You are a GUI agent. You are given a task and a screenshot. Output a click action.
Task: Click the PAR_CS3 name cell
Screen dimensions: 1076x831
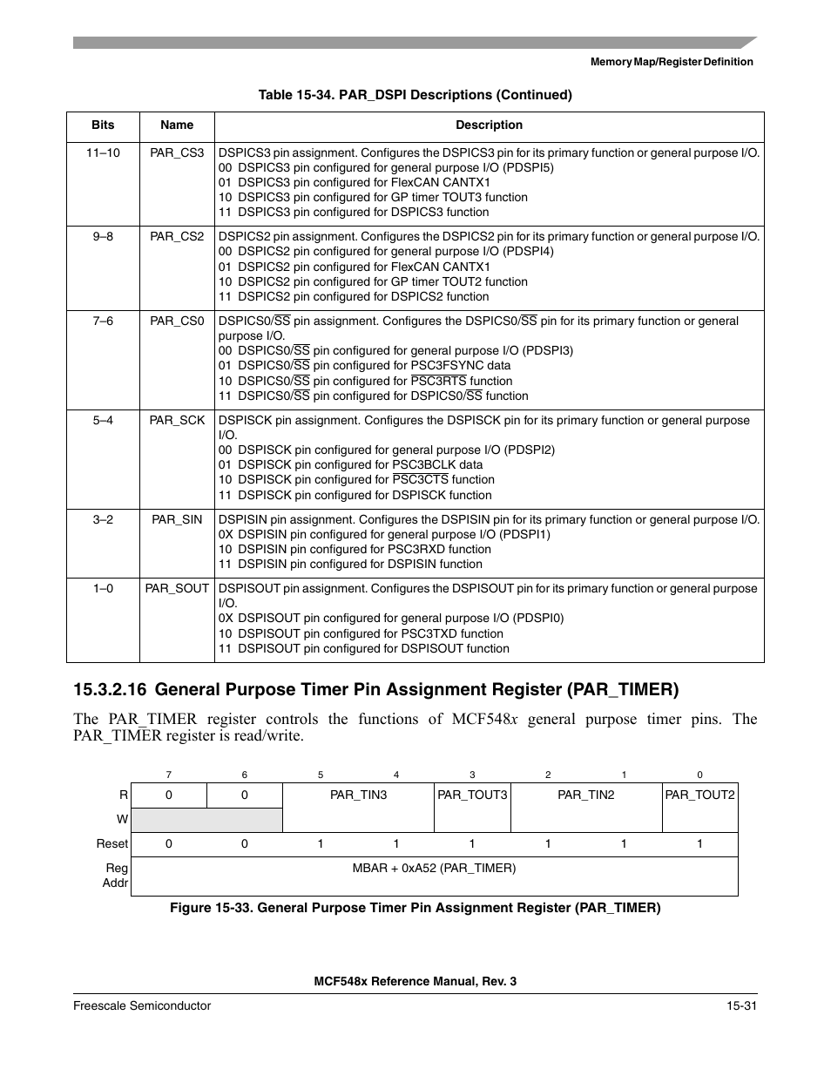[x=177, y=152]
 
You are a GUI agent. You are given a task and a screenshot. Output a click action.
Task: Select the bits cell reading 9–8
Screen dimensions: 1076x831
[x=103, y=236]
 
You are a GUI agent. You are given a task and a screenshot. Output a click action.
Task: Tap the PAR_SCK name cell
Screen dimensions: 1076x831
[x=177, y=420]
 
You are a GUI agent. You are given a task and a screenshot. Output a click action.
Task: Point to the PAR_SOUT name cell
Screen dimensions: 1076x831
[x=177, y=588]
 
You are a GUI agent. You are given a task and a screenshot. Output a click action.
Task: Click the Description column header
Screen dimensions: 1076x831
[x=489, y=125]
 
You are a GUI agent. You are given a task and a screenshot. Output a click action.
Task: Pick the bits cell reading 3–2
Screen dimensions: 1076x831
[x=103, y=519]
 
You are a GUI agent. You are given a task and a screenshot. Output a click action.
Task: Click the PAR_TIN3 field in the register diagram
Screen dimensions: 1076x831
[x=358, y=795]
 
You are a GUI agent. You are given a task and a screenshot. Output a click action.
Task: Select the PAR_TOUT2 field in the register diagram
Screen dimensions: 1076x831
[x=699, y=795]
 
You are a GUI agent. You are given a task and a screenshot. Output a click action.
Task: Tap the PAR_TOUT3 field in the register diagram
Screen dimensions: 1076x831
[x=472, y=795]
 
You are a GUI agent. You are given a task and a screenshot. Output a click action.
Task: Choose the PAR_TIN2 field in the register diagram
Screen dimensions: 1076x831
[x=586, y=795]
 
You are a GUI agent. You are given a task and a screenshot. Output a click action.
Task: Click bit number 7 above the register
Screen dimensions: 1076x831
[x=169, y=775]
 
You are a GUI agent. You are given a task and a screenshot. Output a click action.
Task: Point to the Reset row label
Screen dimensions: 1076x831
[x=112, y=843]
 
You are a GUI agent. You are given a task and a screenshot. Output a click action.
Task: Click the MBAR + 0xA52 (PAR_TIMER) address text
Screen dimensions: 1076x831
[x=434, y=868]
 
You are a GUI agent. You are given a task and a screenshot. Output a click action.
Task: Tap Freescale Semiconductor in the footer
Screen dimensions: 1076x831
[x=142, y=1005]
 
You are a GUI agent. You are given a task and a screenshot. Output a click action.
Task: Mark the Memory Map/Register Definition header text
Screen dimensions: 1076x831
[x=672, y=62]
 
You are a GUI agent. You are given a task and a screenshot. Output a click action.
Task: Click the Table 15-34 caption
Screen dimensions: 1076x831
[x=415, y=95]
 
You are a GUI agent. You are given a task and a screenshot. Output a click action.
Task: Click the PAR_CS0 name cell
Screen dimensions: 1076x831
[x=177, y=321]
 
